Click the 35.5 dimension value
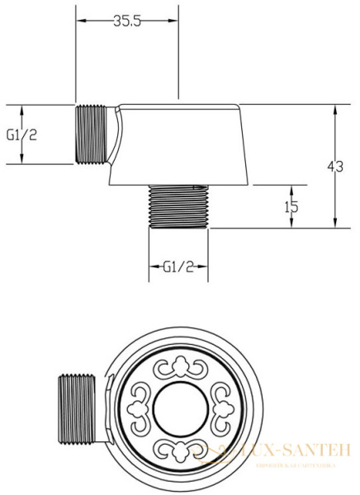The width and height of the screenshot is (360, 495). (126, 22)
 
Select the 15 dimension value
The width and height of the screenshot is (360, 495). (291, 207)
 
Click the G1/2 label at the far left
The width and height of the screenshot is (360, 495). (21, 134)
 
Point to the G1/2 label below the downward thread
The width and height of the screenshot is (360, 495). (178, 266)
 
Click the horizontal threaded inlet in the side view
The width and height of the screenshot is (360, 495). (92, 134)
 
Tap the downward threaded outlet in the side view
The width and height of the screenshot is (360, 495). (178, 207)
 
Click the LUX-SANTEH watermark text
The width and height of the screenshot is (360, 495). (281, 450)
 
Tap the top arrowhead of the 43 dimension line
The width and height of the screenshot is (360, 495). (334, 108)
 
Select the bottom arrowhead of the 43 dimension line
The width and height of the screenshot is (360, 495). (334, 224)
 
